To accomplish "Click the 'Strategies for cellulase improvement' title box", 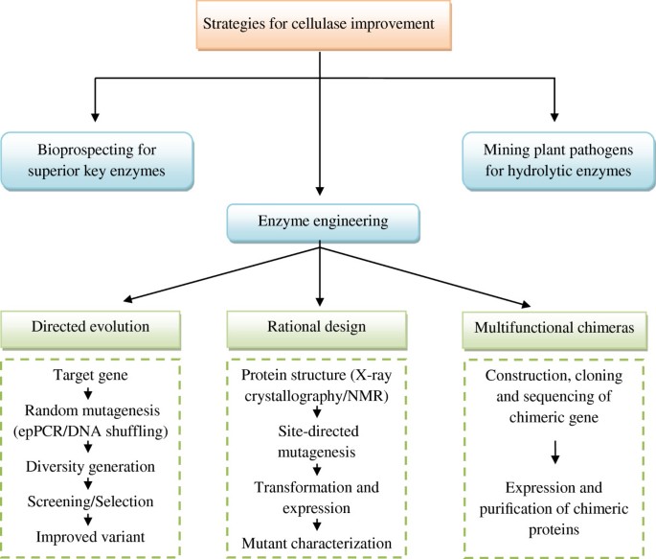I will point(328,25).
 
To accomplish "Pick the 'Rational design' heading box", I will point(325,326).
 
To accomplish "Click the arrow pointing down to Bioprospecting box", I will point(96,105).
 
